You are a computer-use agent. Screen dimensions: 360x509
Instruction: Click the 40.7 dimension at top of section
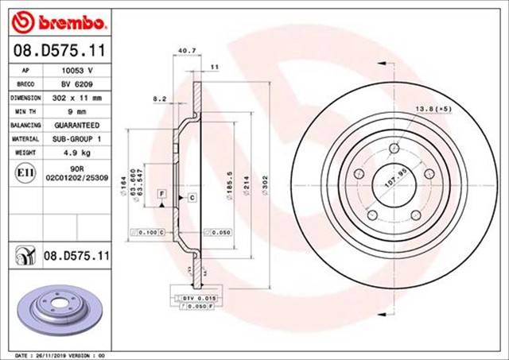(x=186, y=51)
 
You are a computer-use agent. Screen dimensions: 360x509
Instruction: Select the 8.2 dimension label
(x=158, y=99)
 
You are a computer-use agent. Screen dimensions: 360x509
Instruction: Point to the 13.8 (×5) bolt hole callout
(x=433, y=106)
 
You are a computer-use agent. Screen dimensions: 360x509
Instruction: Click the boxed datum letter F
(x=161, y=194)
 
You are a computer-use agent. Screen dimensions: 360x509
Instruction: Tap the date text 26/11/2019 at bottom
(x=54, y=354)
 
